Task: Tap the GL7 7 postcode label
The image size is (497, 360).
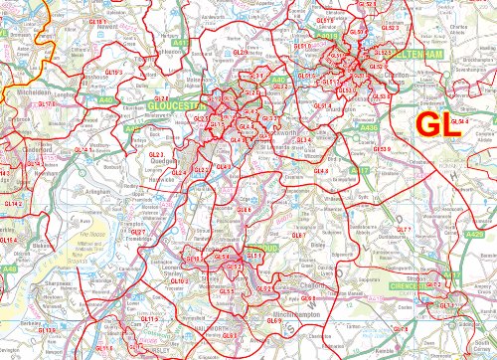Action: pos(403,231)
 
